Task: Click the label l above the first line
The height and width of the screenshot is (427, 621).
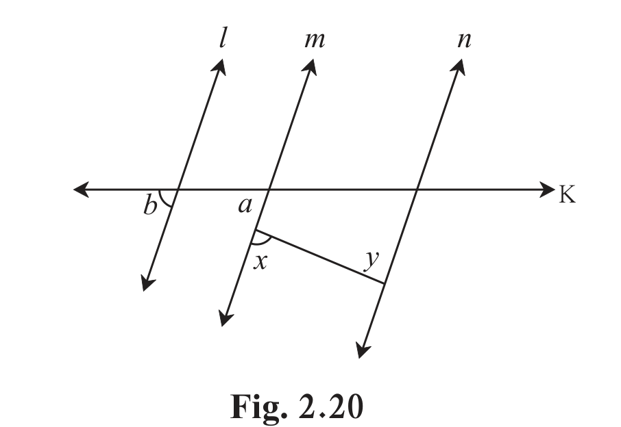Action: [223, 38]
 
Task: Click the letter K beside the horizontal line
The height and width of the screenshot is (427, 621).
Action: [567, 194]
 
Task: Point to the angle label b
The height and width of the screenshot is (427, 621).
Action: [149, 205]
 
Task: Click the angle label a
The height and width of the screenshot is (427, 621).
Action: [245, 205]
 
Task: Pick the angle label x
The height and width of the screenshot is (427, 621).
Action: [260, 261]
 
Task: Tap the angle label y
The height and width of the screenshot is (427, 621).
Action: [372, 261]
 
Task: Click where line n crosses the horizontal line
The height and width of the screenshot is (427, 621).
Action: [417, 190]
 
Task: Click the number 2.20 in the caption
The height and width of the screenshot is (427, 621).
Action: [330, 406]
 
